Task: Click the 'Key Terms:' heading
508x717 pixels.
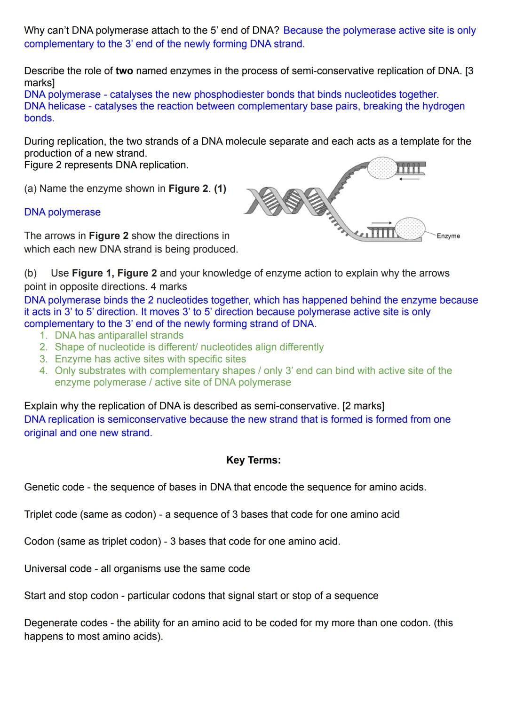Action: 253,460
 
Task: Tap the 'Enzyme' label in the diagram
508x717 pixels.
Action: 448,236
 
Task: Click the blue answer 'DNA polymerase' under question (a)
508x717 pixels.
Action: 62,212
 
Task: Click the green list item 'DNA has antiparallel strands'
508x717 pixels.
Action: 119,335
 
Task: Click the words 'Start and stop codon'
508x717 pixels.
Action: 71,596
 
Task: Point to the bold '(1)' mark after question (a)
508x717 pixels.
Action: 220,189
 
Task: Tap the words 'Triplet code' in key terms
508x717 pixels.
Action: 51,514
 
